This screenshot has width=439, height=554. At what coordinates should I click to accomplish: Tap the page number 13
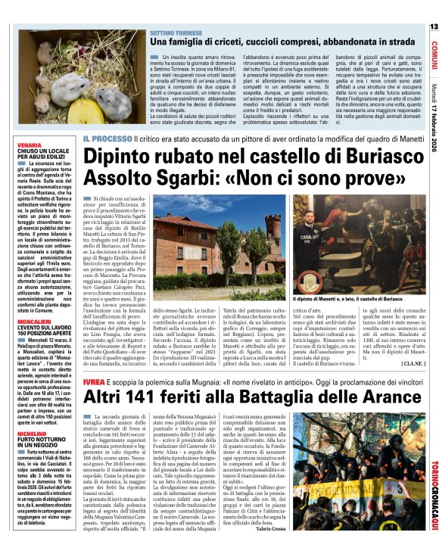pos(433,26)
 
